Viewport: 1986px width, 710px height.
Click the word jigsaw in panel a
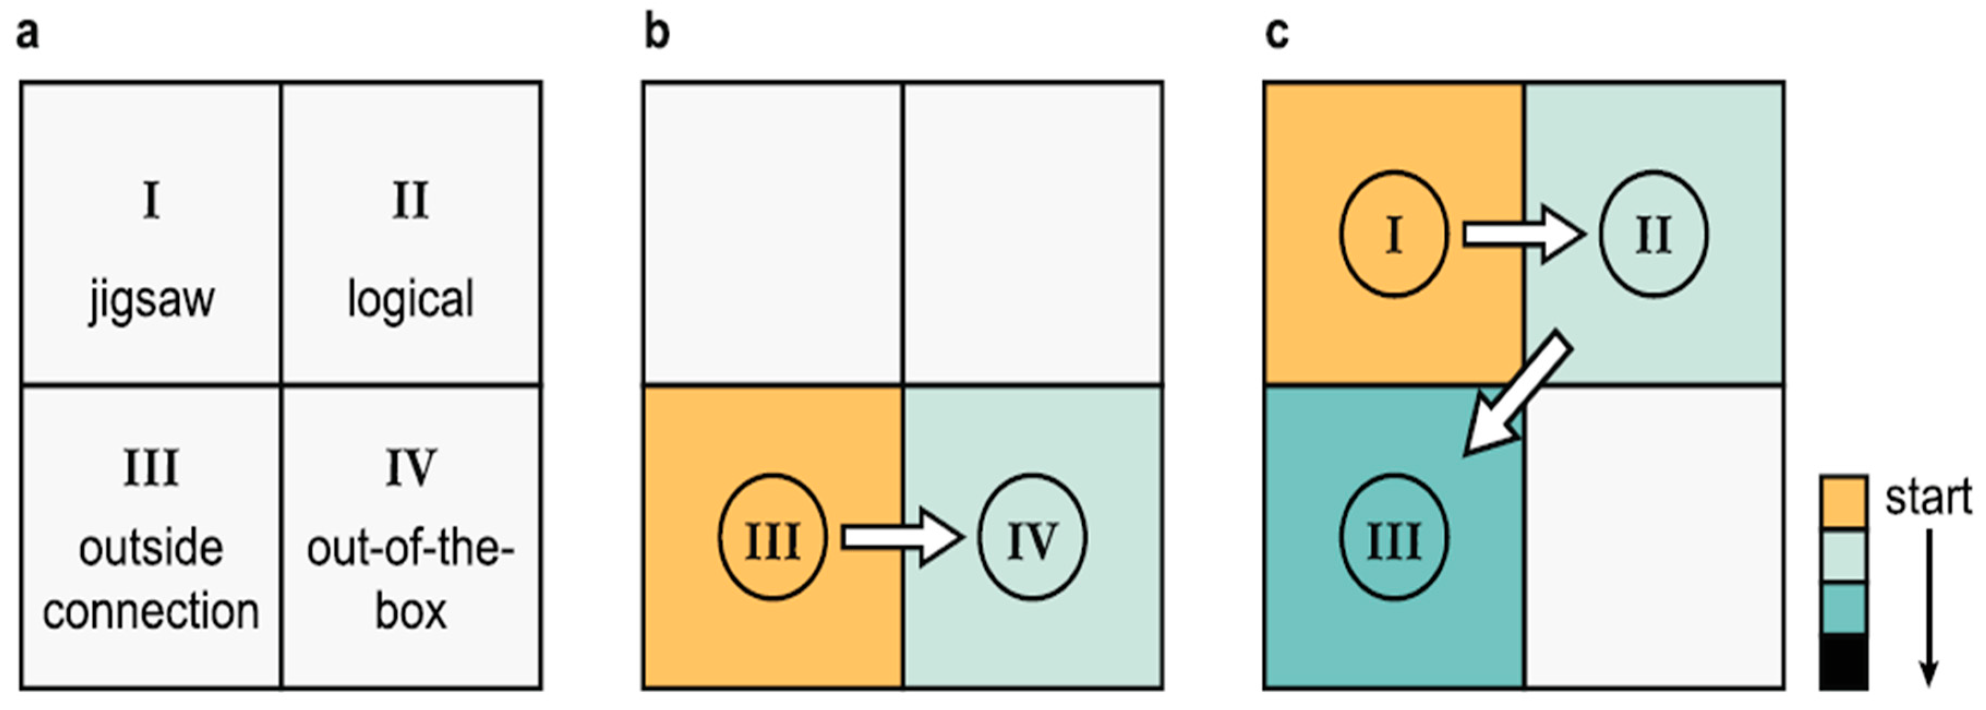click(151, 300)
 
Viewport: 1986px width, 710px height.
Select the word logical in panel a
click(410, 300)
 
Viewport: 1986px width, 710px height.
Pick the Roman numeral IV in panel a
click(410, 468)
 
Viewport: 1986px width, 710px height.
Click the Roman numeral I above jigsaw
click(151, 201)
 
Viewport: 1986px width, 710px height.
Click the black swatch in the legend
click(1843, 662)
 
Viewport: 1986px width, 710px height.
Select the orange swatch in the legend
click(1843, 502)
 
